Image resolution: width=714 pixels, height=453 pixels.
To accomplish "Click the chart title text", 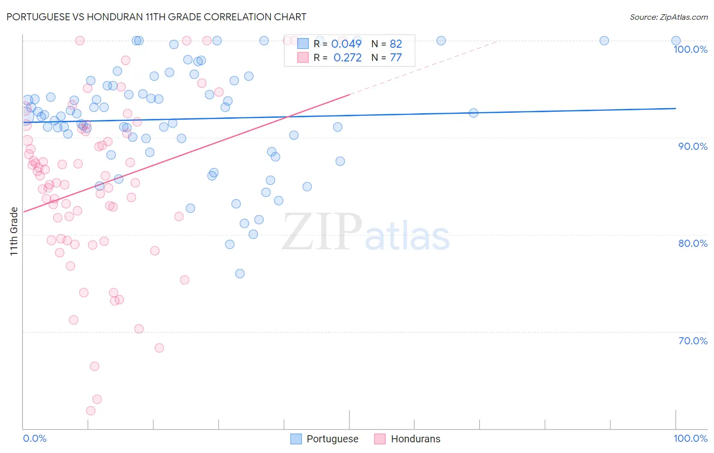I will coord(156,17).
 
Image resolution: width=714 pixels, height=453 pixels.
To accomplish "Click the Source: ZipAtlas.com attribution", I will coord(668,17).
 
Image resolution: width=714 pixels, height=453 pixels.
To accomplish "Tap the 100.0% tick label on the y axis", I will coord(690,49).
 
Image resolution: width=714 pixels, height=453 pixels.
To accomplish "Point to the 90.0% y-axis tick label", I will coord(693,146).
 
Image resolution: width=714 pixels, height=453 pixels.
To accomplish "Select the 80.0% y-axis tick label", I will coord(693,243).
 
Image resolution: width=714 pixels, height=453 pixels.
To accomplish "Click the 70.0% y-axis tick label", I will coord(693,341).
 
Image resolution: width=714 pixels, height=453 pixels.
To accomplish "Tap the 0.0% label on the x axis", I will coord(35,438).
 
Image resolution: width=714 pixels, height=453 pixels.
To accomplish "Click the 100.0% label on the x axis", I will coord(690,438).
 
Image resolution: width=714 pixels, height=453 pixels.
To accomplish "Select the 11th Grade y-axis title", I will coord(14,231).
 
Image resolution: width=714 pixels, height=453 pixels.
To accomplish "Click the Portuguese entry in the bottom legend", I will coord(332,439).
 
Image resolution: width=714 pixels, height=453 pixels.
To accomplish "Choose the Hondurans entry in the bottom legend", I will coord(415,439).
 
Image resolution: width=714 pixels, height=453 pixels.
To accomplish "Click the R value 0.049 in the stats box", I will coord(346,44).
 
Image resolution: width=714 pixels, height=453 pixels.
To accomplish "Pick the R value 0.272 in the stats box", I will coord(347,58).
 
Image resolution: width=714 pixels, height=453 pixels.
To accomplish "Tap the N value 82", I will coord(396,44).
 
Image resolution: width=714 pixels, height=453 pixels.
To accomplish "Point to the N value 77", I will coord(396,58).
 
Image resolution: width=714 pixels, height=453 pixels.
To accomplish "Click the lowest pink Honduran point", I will coord(91,411).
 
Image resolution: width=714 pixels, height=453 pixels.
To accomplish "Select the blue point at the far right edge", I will coord(676,41).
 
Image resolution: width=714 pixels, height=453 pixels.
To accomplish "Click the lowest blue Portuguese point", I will coord(240,274).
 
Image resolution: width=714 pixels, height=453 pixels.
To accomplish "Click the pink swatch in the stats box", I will coord(303,57).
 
